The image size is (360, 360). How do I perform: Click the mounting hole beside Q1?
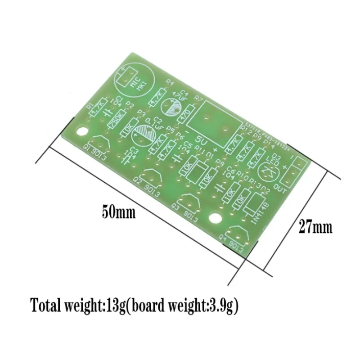pos(82,132)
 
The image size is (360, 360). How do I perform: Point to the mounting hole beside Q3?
pos(216,219)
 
